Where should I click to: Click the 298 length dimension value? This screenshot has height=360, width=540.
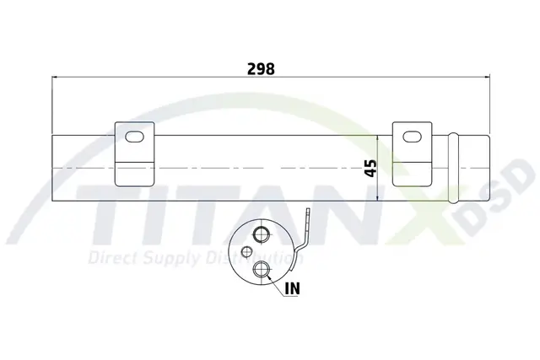click(x=261, y=69)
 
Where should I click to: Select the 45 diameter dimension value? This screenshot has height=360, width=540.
click(x=370, y=169)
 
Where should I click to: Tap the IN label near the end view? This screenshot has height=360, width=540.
click(x=293, y=288)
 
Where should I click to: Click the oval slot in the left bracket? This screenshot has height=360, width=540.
click(x=134, y=137)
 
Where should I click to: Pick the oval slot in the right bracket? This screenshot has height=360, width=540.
click(x=413, y=137)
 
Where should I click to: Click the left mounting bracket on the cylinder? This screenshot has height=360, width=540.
click(x=134, y=154)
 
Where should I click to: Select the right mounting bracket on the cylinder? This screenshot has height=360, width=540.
click(x=413, y=154)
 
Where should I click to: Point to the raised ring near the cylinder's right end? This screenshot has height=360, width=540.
click(x=454, y=169)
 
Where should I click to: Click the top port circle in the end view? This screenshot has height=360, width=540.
click(x=261, y=234)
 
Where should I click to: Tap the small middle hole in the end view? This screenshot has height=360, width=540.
click(x=246, y=252)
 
